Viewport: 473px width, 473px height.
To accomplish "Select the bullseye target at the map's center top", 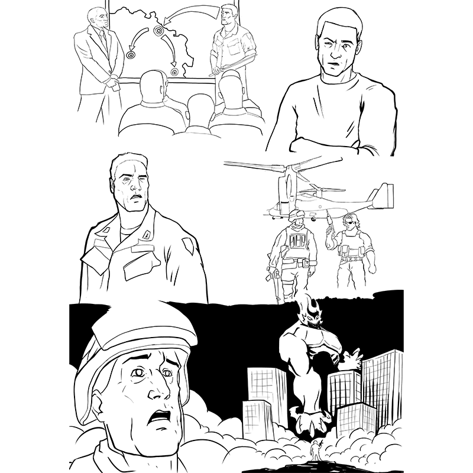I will (x=158, y=30).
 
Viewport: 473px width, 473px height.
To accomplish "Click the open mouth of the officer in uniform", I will (x=136, y=197).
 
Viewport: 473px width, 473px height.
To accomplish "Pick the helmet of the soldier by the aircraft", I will (x=296, y=215).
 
